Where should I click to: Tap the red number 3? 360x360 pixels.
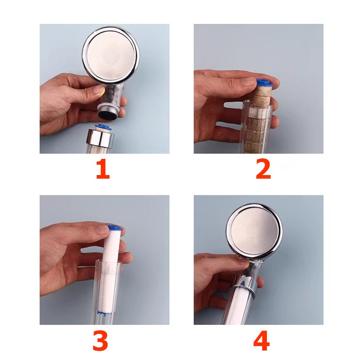click(x=100, y=341)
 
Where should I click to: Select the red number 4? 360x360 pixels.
click(x=261, y=341)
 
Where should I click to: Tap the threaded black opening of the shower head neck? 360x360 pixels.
click(x=108, y=114)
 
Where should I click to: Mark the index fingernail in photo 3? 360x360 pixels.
click(x=102, y=230)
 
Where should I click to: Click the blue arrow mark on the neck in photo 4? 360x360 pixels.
click(x=243, y=283)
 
